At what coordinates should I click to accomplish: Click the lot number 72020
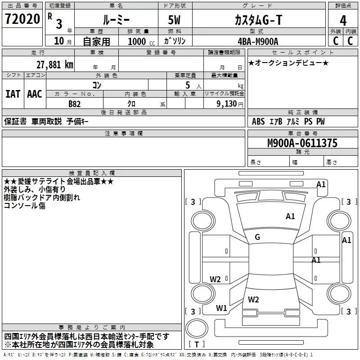[x=22, y=19]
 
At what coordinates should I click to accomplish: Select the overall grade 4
[x=343, y=21]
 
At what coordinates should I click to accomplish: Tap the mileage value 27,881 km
[x=55, y=65]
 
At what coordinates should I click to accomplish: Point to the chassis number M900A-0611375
[x=302, y=143]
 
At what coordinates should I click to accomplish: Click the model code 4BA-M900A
[x=258, y=41]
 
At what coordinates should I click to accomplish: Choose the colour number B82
[x=75, y=104]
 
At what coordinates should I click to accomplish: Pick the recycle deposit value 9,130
[x=227, y=104]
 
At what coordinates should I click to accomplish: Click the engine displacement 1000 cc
[x=141, y=41]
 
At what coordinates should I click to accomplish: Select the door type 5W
[x=174, y=20]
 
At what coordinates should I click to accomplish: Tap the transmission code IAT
[x=13, y=94]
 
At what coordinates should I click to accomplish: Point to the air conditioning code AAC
[x=35, y=94]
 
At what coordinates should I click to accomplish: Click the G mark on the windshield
[x=257, y=237]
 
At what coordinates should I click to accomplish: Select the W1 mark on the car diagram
[x=221, y=308]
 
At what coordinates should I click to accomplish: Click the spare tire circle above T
[x=197, y=328]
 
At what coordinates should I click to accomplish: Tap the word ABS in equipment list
[x=258, y=121]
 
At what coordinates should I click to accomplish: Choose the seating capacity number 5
[x=188, y=85]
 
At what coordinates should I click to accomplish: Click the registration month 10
[x=59, y=41]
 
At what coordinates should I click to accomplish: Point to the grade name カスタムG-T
[x=258, y=20]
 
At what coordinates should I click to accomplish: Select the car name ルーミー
[x=116, y=20]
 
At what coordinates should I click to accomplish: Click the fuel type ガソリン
[x=175, y=41]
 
